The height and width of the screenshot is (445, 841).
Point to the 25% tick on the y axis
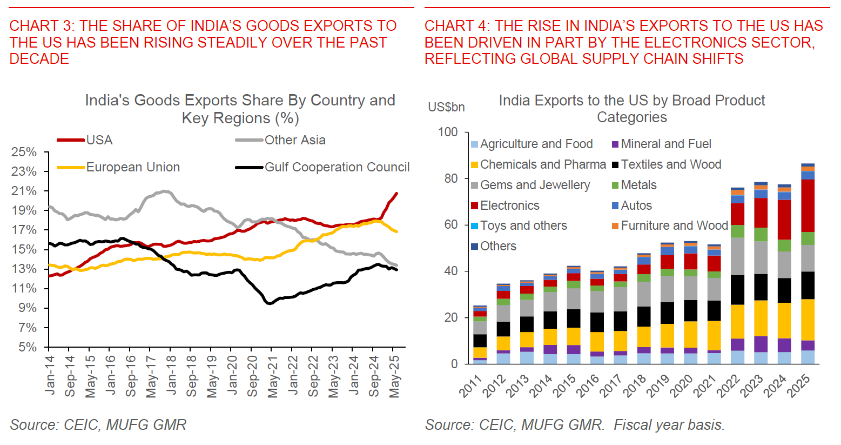[x=24, y=152]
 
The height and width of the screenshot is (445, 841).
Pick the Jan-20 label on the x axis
[x=232, y=373]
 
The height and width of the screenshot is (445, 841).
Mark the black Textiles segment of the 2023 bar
[x=761, y=287]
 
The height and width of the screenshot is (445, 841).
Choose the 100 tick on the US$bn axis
[x=448, y=132]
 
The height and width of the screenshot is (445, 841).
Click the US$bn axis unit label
[x=446, y=107]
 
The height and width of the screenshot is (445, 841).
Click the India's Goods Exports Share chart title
[x=240, y=109]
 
